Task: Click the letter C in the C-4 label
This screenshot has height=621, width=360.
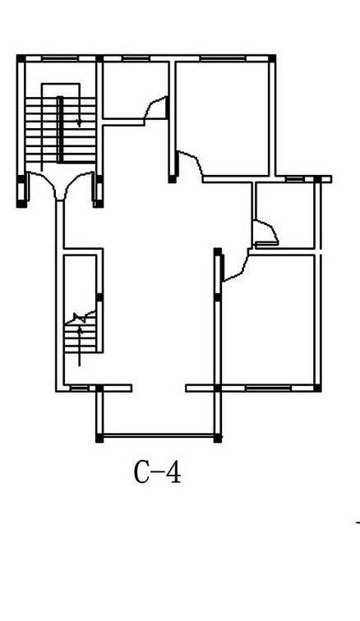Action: coord(143,472)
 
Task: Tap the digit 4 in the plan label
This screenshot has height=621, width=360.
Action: coord(173,472)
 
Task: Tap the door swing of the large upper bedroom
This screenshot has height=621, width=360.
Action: coord(190,163)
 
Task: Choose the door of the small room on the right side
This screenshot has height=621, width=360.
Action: coord(266,233)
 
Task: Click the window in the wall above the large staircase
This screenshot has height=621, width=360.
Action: coord(60,58)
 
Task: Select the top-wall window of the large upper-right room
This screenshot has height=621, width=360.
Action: coord(224,58)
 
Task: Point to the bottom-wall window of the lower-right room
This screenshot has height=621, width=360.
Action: coord(268,388)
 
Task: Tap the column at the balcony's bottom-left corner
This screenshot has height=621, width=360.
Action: coord(99,439)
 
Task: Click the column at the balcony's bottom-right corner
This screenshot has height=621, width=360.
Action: coord(217,439)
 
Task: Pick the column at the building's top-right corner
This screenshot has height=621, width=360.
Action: coord(272,58)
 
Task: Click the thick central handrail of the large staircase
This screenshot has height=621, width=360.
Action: coord(60,129)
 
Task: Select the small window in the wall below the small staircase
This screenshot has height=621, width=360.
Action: coord(79,388)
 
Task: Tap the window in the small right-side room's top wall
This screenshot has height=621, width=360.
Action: coord(295,179)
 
